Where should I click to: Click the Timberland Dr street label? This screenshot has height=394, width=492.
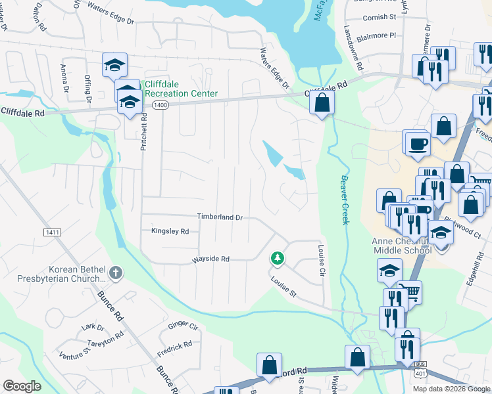(220, 217)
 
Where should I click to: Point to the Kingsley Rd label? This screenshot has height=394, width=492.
(170, 231)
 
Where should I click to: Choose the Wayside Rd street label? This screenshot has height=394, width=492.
(210, 259)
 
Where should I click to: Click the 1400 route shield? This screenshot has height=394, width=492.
(160, 104)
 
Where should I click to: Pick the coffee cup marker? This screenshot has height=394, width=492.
(417, 143)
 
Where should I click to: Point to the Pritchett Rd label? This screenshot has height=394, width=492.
(143, 131)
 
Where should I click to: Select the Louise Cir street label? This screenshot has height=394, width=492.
(322, 261)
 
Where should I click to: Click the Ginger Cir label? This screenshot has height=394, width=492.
(183, 325)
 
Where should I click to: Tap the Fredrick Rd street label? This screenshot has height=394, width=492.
(174, 348)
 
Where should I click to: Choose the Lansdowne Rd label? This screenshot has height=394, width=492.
(353, 48)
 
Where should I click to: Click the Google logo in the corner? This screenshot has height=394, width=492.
(22, 386)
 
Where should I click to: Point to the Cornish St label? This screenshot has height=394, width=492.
(380, 16)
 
